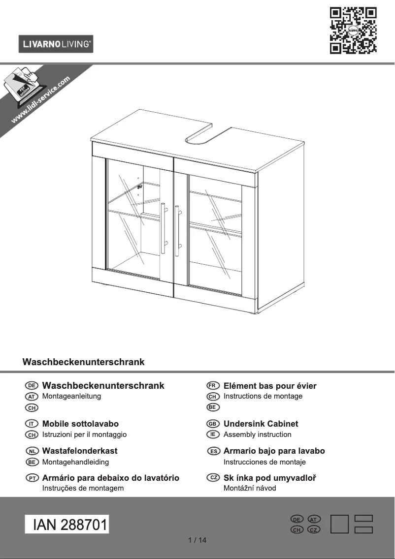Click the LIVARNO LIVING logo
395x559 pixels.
[56, 44]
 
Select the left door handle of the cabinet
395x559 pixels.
[163, 227]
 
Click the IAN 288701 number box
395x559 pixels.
[67, 525]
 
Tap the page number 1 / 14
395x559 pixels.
[197, 540]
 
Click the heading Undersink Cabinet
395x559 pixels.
[261, 424]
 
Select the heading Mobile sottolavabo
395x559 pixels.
[80, 424]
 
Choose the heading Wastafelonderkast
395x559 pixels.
[80, 451]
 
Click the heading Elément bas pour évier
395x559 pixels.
[270, 386]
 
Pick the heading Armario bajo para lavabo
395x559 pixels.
[274, 451]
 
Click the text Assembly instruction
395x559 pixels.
[257, 435]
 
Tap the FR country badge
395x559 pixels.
[213, 385]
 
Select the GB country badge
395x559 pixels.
[213, 423]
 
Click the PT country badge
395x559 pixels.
[32, 478]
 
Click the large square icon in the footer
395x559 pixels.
[340, 524]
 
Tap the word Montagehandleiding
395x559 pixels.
[75, 462]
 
